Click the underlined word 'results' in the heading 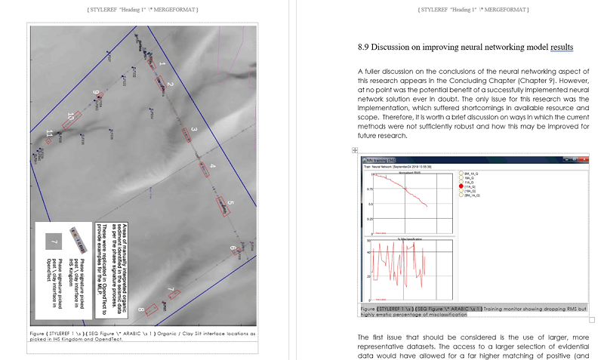(562, 47)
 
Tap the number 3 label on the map (193, 131)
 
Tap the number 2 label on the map (171, 85)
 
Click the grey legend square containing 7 (52, 242)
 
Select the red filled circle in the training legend (461, 185)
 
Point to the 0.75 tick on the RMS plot (370, 189)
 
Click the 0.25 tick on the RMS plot (370, 219)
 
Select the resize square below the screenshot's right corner (592, 320)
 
